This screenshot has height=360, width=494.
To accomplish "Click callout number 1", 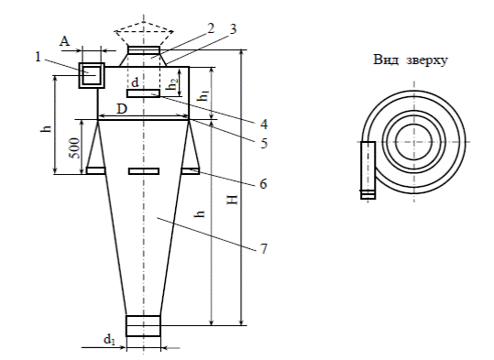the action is coord(38,57).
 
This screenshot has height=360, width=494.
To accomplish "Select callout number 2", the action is coord(211,28).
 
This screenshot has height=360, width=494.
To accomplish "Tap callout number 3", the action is coord(233,29).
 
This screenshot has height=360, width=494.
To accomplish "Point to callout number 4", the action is coord(264,124).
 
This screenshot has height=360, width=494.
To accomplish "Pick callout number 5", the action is coord(264,143).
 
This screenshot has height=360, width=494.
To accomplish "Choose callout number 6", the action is coord(263,183).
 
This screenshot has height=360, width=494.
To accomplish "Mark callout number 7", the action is coord(264,248).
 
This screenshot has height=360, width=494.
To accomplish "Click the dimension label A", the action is coord(64,41).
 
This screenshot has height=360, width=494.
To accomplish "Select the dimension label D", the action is coord(122,109).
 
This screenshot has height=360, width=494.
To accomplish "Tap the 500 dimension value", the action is coord(75,148).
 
